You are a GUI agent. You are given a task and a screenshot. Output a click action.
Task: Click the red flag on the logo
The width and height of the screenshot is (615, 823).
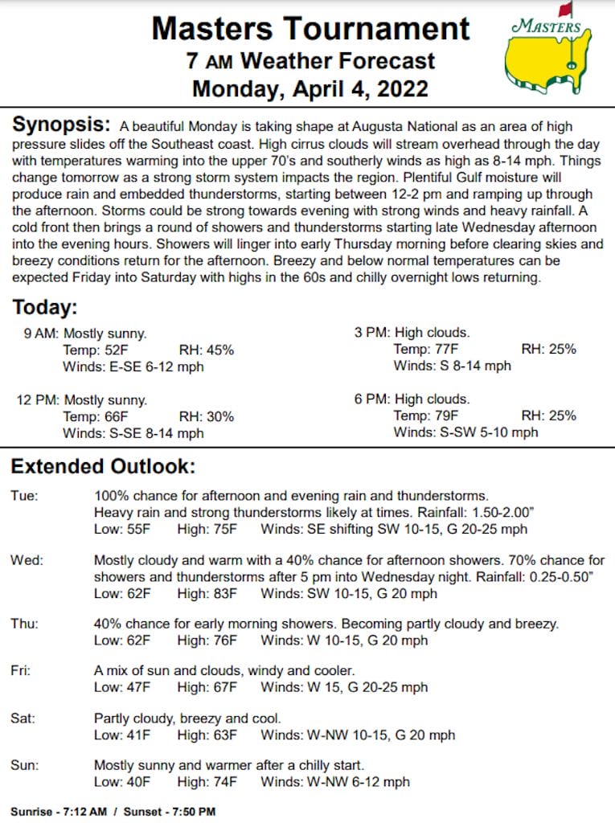pyautogui.click(x=566, y=10)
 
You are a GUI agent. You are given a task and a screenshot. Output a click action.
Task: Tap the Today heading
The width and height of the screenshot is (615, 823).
pyautogui.click(x=44, y=307)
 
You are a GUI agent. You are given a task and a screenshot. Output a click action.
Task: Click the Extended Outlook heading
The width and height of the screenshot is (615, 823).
pyautogui.click(x=102, y=466)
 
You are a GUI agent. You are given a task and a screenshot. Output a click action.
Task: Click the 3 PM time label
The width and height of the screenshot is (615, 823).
pyautogui.click(x=371, y=332)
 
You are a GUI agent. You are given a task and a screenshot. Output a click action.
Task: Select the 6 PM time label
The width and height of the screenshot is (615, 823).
pyautogui.click(x=371, y=399)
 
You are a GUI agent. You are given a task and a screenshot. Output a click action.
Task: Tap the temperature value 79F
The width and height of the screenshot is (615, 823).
pyautogui.click(x=445, y=416)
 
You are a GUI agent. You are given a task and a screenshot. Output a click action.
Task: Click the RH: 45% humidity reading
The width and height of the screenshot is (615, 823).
pyautogui.click(x=207, y=350)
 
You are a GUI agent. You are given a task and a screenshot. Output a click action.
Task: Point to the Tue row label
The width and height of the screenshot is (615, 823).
pyautogui.click(x=23, y=496)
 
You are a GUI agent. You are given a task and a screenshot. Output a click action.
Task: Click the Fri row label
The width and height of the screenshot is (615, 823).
pyautogui.click(x=21, y=670)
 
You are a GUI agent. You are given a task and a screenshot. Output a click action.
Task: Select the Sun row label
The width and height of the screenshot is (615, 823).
pyautogui.click(x=24, y=764)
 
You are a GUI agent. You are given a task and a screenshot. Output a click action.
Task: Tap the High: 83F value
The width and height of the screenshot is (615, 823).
pyautogui.click(x=207, y=594)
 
